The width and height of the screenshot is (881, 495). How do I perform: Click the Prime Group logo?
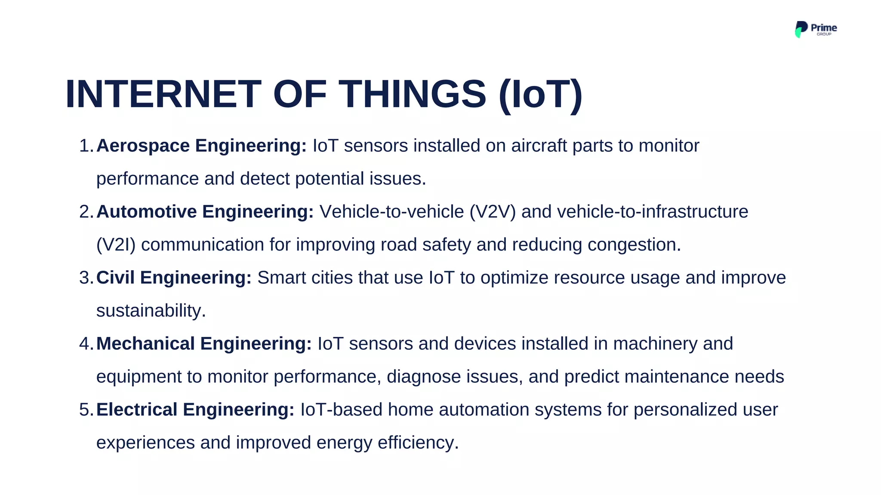tap(815, 29)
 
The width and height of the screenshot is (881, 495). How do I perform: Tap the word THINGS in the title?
tap(413, 94)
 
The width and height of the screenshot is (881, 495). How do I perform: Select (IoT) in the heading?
tap(541, 95)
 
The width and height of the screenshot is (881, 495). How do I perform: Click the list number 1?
tap(85, 146)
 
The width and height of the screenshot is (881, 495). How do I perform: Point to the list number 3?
tap(85, 278)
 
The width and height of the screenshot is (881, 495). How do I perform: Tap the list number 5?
tap(85, 409)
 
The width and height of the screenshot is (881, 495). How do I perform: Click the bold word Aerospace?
tap(143, 146)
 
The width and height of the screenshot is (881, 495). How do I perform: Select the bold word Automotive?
tap(146, 212)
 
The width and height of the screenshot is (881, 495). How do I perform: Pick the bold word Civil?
tap(115, 278)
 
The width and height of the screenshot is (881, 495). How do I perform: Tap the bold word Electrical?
tap(137, 409)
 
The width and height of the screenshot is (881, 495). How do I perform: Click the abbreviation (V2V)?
tap(493, 212)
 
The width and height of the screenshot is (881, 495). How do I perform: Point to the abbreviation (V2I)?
tap(116, 245)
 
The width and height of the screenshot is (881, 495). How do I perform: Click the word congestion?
tap(634, 245)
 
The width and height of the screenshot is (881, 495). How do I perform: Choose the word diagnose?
tap(424, 377)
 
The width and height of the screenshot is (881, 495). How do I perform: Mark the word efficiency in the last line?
tap(418, 443)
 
